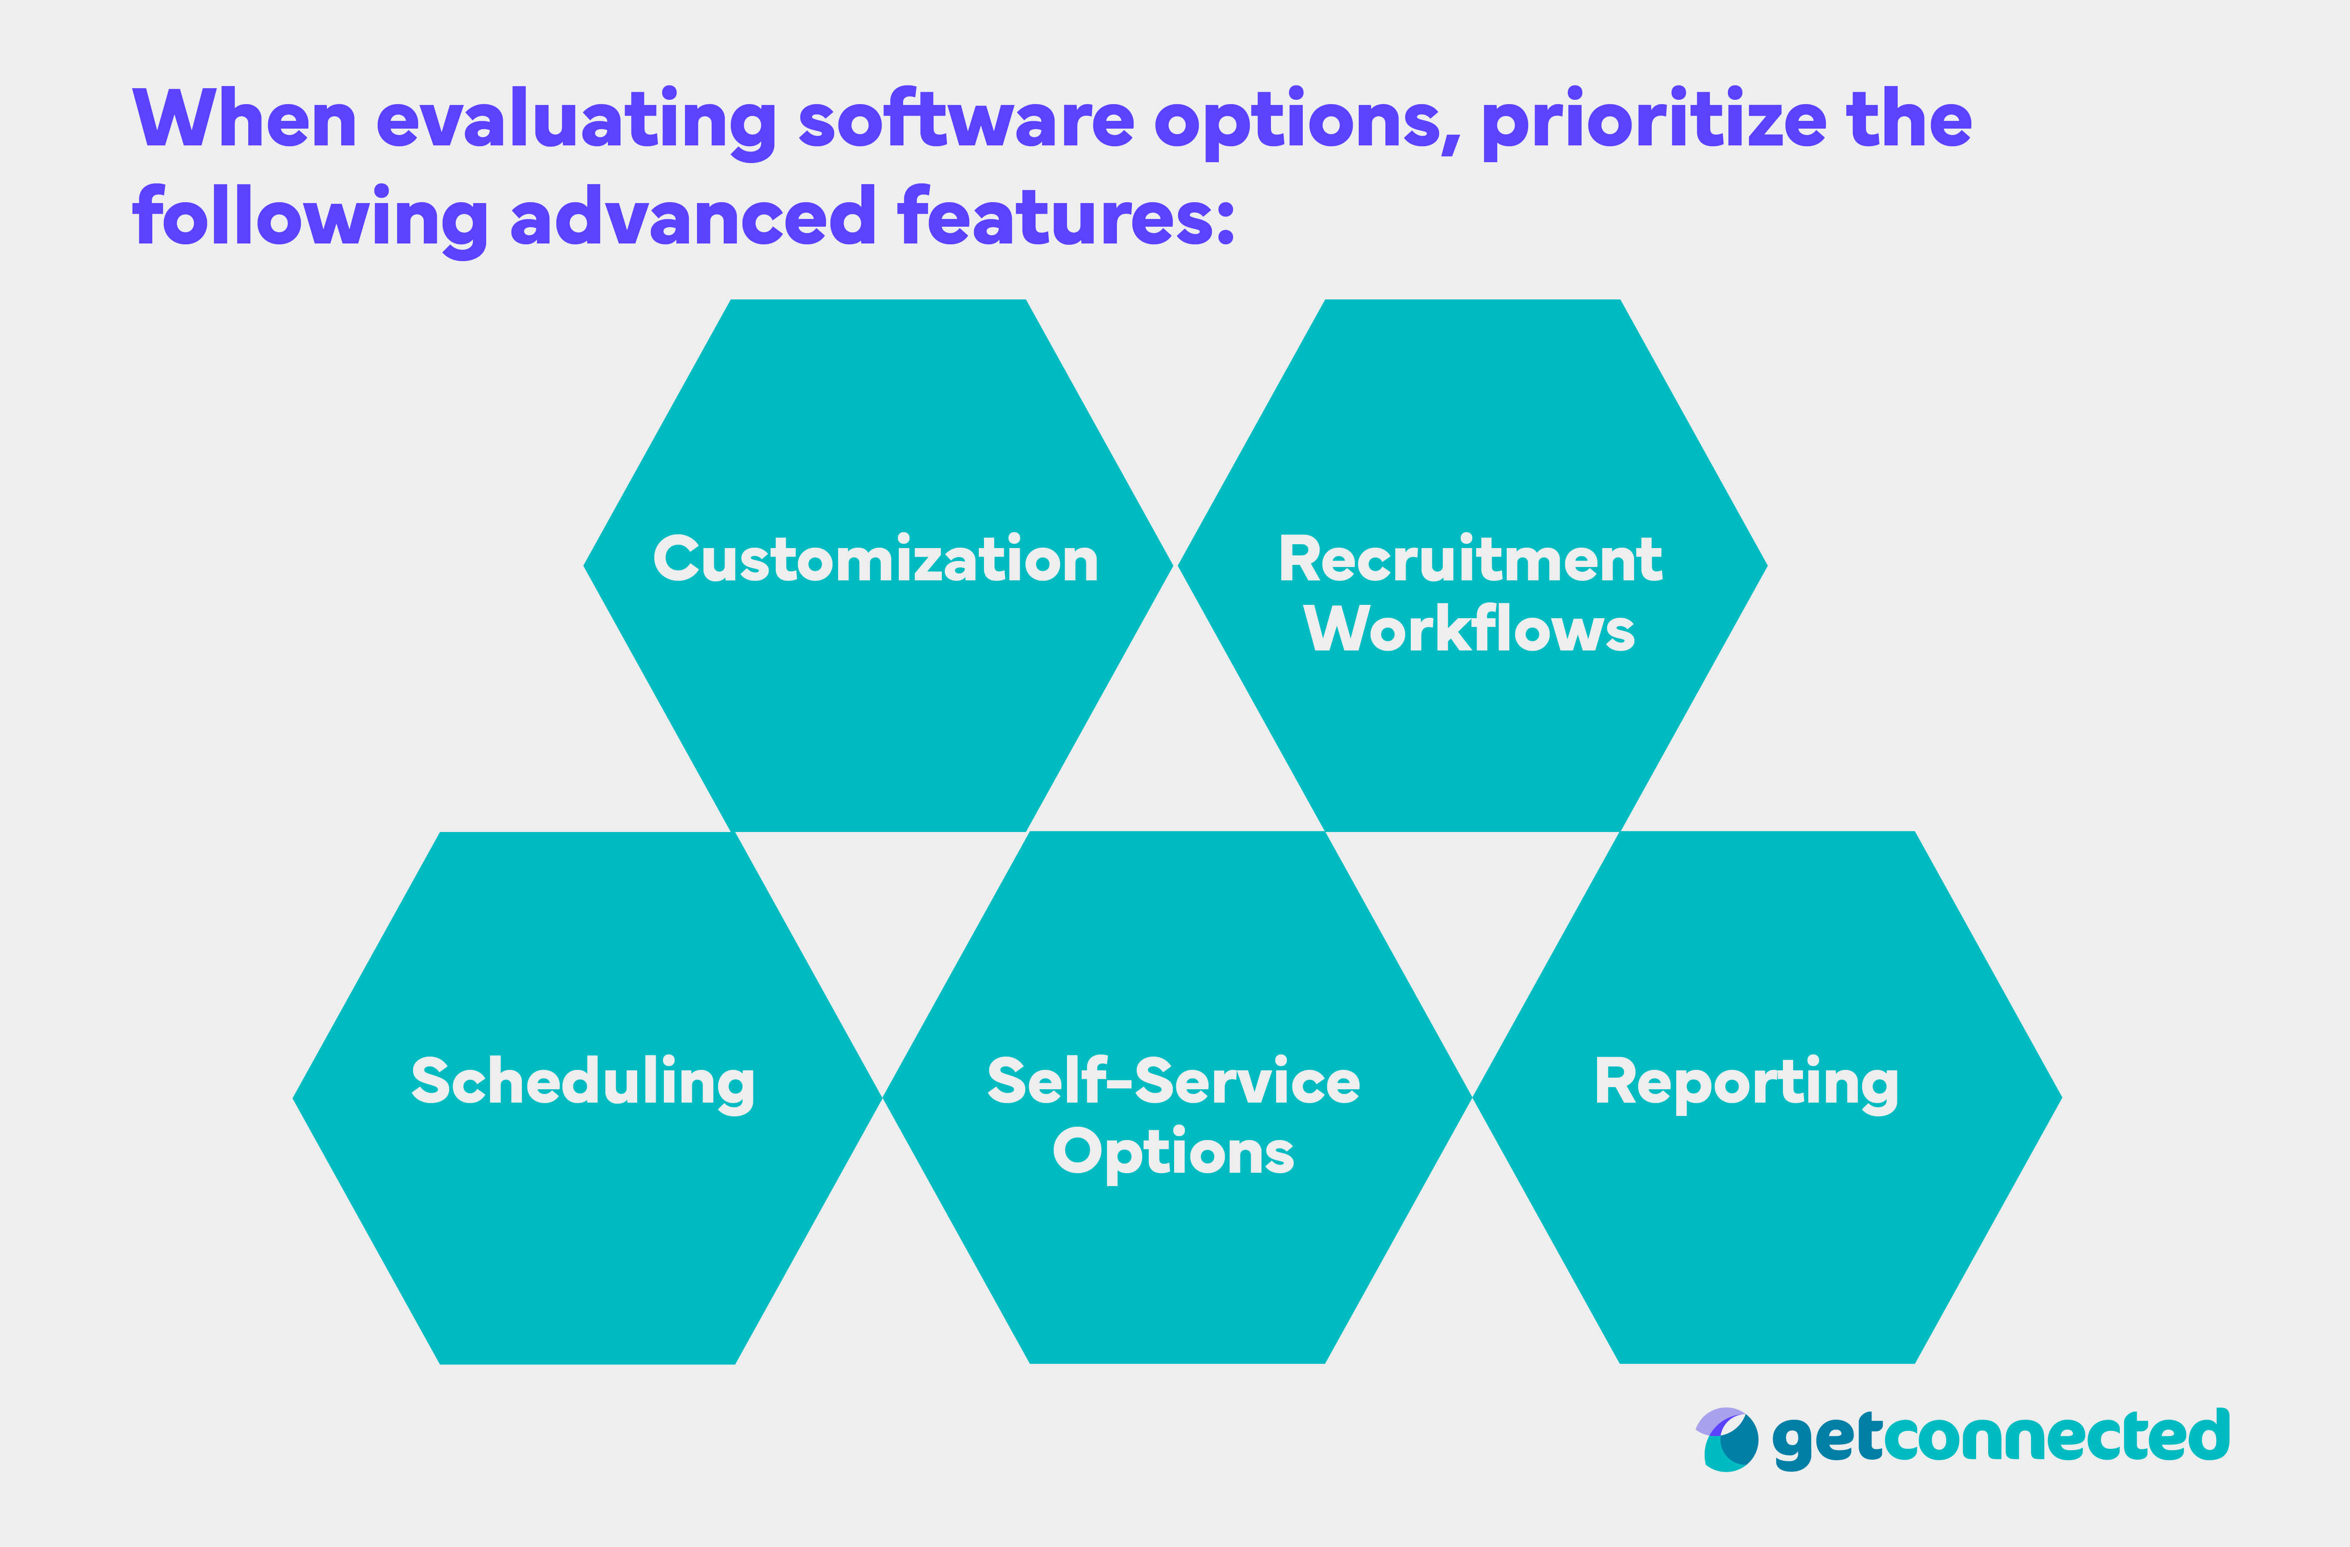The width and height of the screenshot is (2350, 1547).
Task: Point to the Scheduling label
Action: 583,1083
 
